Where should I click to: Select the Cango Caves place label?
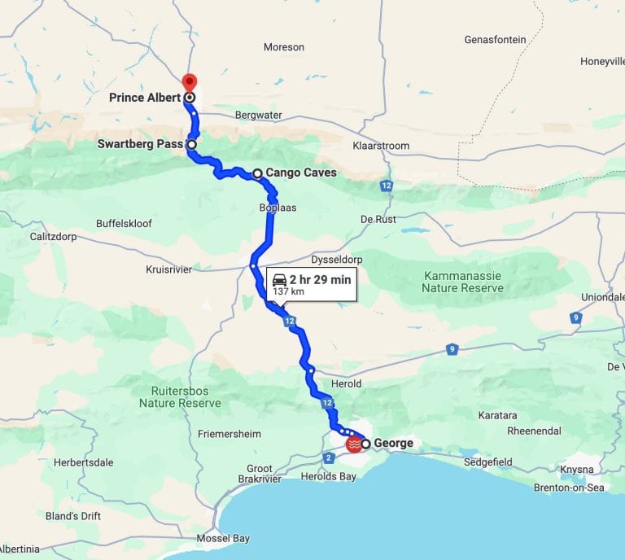point(300,173)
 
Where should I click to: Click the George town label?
point(393,444)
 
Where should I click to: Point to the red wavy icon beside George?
point(354,444)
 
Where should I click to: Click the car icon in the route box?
point(280,279)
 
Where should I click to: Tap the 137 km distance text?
point(288,291)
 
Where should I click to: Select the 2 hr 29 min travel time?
point(320,279)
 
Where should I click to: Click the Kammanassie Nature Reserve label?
point(462,282)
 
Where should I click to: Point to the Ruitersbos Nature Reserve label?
point(180,396)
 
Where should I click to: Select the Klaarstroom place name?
point(381,146)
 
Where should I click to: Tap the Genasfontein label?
point(495,39)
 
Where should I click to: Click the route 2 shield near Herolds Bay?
point(329,458)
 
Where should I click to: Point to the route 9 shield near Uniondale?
point(576,317)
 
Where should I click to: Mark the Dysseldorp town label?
point(337,260)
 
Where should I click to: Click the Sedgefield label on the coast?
point(487,462)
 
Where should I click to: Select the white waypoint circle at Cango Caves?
point(257,173)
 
